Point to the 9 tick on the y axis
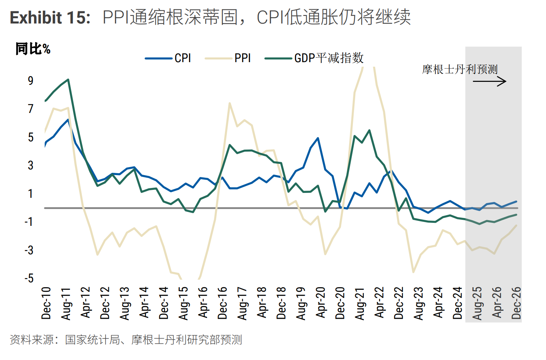click(x=31, y=80)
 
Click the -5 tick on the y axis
click(x=29, y=278)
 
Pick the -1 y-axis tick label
click(x=29, y=222)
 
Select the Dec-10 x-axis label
click(x=46, y=303)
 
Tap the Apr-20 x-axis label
click(x=321, y=303)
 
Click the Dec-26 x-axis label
click(x=516, y=303)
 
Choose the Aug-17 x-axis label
click(x=243, y=303)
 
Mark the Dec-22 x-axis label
click(x=399, y=303)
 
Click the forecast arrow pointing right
click(x=496, y=81)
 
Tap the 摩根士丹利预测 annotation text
click(x=460, y=69)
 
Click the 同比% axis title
click(x=33, y=49)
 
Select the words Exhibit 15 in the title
click(x=50, y=17)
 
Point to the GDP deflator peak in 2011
click(x=68, y=80)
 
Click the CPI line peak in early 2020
click(x=318, y=138)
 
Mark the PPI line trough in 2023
click(x=413, y=272)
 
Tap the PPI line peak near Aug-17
click(x=230, y=103)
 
